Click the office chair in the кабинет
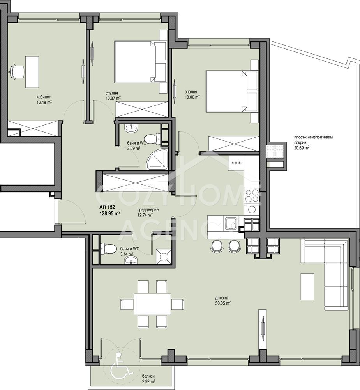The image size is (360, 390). pos(17,72)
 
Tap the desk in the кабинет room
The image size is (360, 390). pos(32,72)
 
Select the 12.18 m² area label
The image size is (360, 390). pos(44,102)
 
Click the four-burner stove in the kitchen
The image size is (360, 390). pos(252,195)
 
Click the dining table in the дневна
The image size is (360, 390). pos(152,304)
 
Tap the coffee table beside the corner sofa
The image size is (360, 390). pos(307,287)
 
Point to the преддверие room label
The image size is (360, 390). pos(148,210)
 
